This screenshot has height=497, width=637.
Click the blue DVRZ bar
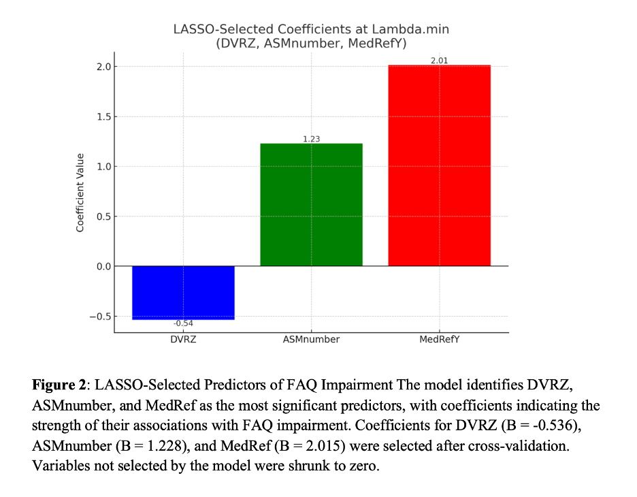coord(183,292)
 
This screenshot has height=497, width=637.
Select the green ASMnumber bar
coord(311,204)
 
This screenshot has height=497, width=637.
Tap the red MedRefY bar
coord(439,165)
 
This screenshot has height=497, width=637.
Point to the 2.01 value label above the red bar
coord(439,61)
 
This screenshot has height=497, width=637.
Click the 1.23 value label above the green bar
coord(311,139)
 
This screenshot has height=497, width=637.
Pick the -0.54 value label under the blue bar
coord(183,324)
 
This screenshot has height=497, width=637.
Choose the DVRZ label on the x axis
coord(183,339)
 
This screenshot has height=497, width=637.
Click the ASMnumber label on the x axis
coord(311,339)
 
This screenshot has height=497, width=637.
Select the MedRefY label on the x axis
coord(440,339)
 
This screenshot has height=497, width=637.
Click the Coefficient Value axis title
coord(80,193)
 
